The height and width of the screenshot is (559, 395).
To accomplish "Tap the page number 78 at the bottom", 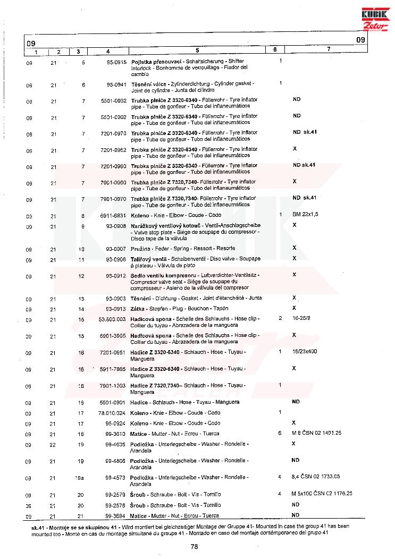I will (195, 546).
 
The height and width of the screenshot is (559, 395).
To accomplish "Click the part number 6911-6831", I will (113, 215).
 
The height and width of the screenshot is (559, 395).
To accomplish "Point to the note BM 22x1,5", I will (305, 214).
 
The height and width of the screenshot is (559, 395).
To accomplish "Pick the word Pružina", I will (141, 249).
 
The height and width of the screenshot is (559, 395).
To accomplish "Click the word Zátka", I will (138, 308).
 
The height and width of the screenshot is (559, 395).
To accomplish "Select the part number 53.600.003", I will (112, 319).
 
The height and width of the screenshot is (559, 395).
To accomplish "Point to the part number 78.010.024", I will (112, 413).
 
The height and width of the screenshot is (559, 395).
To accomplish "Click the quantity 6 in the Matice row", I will (280, 434).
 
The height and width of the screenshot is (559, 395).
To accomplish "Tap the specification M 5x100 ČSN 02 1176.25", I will (322, 493).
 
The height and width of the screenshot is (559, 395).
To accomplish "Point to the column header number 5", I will (197, 51).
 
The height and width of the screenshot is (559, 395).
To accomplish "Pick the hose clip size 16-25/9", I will (302, 318).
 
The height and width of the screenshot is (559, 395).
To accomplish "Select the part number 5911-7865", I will (113, 368).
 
